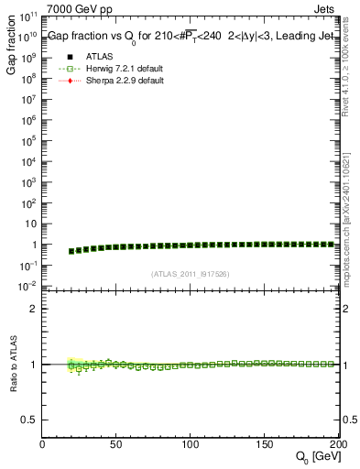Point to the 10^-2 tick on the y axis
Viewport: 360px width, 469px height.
tap(27, 286)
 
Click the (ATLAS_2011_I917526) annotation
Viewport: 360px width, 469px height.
tap(191, 273)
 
